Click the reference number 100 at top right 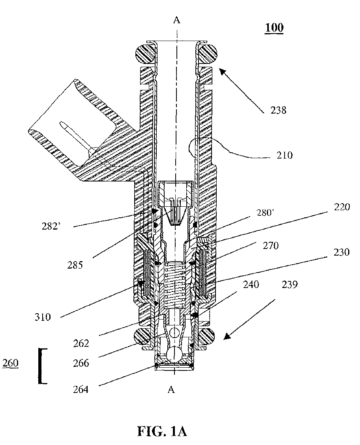[x=274, y=28]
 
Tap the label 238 [x=278, y=110]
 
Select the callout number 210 [x=285, y=155]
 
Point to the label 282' [x=51, y=226]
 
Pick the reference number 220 [x=342, y=207]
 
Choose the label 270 [x=270, y=245]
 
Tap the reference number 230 [x=341, y=252]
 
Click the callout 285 [x=75, y=265]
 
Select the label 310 [x=43, y=317]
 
